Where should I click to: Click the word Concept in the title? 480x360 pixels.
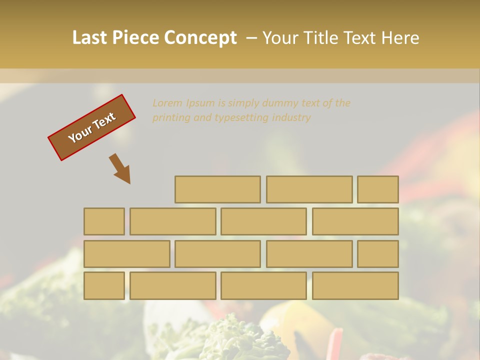click(x=200, y=38)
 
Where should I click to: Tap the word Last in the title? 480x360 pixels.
click(x=90, y=38)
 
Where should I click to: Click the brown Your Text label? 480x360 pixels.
click(x=91, y=127)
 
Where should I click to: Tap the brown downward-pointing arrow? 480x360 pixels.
click(x=120, y=168)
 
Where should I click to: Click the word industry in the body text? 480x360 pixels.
click(x=291, y=118)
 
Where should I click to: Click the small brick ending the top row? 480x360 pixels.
click(x=377, y=189)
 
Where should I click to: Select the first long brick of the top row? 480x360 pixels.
click(x=217, y=189)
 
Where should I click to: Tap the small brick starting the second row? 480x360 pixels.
click(x=104, y=221)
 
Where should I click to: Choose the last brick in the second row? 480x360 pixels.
click(x=355, y=221)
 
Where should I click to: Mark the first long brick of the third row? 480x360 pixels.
click(x=126, y=253)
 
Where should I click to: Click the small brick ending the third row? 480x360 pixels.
click(x=377, y=253)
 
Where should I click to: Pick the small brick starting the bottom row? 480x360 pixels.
click(x=104, y=285)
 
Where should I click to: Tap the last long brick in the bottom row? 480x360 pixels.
click(x=355, y=285)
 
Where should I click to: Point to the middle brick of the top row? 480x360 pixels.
click(x=309, y=189)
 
